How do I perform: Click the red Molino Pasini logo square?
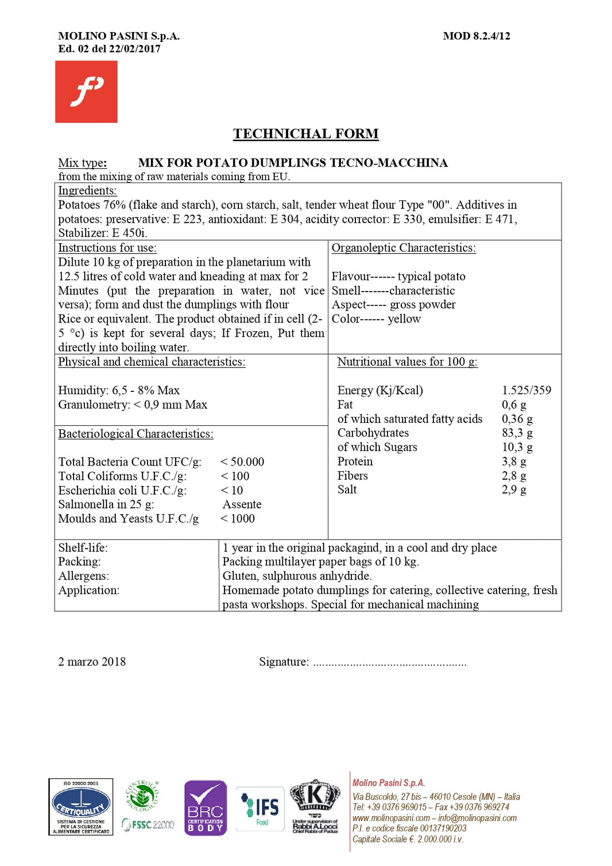point(86,92)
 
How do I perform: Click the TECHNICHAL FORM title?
point(305,134)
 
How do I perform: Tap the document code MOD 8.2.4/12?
point(476,36)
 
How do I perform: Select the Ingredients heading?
point(87,191)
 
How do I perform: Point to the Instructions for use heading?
point(107,248)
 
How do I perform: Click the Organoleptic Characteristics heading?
point(404,248)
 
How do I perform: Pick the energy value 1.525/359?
point(526,390)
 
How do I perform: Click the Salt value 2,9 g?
point(514,490)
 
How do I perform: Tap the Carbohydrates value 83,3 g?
point(517,433)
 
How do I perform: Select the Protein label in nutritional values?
point(355,461)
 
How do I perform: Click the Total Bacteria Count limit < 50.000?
point(242,462)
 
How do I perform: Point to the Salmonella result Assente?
point(242,504)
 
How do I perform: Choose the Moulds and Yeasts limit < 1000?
point(238,519)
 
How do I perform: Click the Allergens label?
point(83,576)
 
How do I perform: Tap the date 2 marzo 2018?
point(92,662)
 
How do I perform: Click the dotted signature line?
point(390,663)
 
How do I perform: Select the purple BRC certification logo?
point(205,807)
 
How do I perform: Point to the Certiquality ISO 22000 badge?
point(81,806)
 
